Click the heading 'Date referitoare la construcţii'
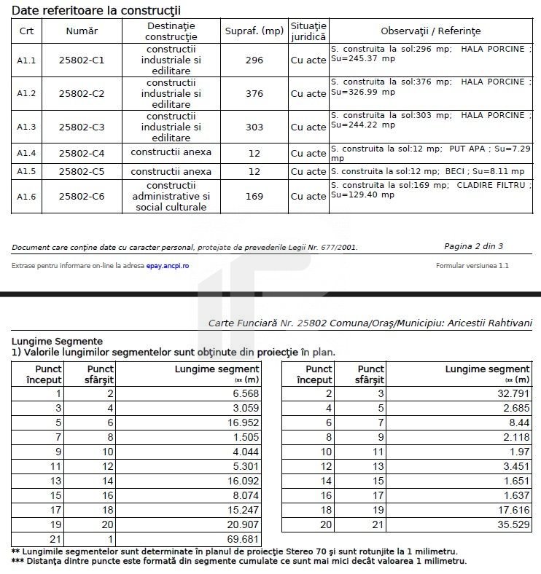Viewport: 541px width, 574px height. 96,10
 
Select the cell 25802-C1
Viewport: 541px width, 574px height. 82,60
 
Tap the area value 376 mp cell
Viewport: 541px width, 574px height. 254,94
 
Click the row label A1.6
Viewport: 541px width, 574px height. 26,197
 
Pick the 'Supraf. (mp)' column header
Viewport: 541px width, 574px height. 254,31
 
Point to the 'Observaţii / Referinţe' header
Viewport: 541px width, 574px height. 430,31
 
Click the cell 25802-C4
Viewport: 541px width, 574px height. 82,153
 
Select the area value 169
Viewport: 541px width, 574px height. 254,197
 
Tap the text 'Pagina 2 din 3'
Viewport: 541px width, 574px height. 473,246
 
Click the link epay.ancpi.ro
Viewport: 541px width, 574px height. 167,266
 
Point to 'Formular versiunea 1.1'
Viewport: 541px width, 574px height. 472,266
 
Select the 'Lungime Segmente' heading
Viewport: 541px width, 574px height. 57,341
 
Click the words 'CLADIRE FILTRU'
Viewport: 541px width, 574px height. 490,185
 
